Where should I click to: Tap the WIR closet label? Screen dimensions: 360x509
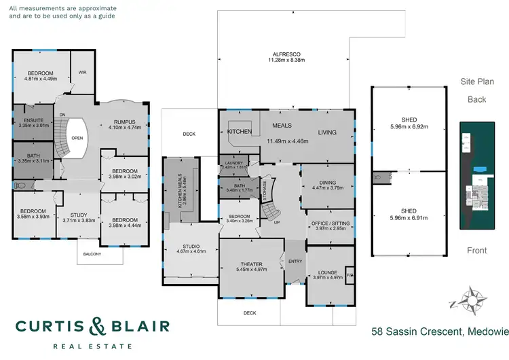[83, 72]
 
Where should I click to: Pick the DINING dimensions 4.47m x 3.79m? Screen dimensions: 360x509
[326, 188]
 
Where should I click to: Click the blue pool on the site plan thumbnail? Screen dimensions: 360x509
[480, 168]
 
